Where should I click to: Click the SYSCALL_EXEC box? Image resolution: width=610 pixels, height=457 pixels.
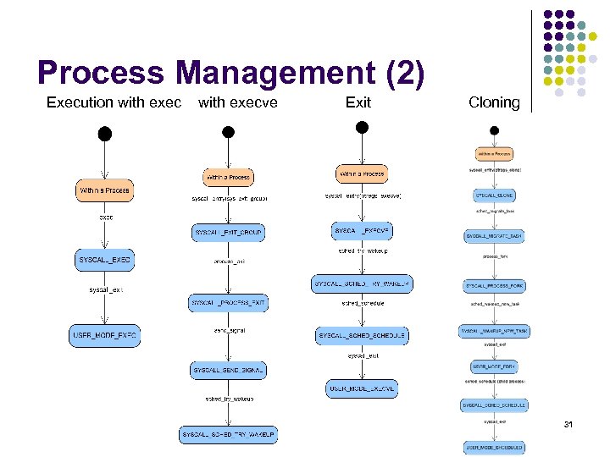[105, 261]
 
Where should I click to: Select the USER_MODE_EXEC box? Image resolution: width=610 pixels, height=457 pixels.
[103, 336]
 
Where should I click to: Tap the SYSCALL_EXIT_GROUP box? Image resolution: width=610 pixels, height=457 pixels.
[229, 232]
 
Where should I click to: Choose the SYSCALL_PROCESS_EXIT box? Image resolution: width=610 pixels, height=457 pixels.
[229, 302]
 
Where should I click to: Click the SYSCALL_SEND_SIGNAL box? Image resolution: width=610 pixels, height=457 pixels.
[229, 370]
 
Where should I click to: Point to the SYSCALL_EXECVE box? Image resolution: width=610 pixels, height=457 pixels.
[361, 231]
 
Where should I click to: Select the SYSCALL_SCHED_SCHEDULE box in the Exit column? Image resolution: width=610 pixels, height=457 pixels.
[362, 336]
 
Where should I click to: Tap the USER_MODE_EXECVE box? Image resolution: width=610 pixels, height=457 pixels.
[362, 388]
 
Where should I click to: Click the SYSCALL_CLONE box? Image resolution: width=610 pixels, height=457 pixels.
[494, 195]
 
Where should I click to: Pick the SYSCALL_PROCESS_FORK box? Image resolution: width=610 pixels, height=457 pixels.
[494, 286]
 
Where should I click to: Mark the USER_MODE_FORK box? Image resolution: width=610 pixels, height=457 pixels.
[494, 366]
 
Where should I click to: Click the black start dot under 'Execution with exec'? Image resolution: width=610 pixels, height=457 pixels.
[104, 133]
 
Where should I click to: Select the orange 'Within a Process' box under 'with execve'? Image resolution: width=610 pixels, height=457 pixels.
[228, 178]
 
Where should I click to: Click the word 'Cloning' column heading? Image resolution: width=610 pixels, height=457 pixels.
[494, 102]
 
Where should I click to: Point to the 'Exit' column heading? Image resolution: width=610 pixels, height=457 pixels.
[358, 102]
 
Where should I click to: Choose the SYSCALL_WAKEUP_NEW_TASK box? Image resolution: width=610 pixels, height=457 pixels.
[494, 331]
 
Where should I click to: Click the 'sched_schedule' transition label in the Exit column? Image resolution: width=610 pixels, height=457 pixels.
[363, 303]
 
